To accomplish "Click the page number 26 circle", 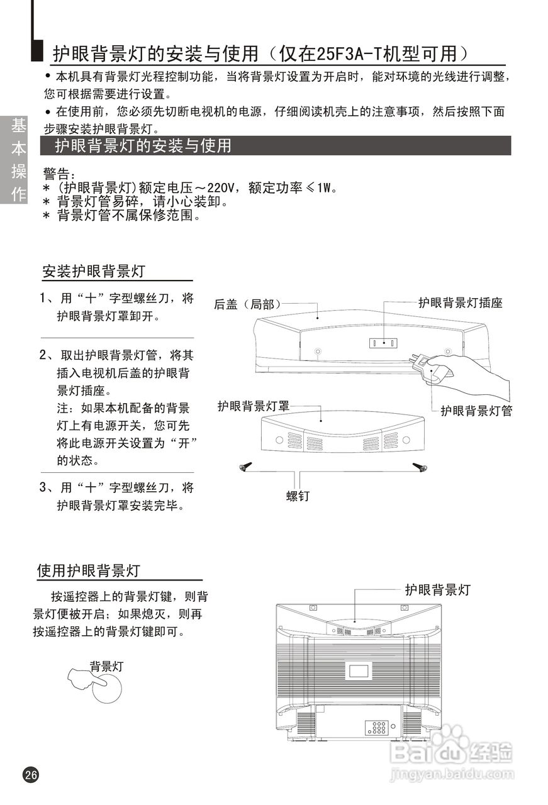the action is pos(31,775).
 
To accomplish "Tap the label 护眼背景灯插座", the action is pos(461,303).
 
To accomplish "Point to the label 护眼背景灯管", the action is pos(476,411).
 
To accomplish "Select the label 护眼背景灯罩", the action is pos(254,406).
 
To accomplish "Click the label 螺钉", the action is pos(298,496).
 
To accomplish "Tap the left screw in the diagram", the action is pos(245,467).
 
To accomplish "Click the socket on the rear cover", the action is pos(383,343).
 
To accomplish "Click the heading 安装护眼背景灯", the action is pos(94,272).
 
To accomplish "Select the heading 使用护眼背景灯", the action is pos(89,571).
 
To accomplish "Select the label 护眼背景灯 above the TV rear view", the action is pos(437,590).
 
